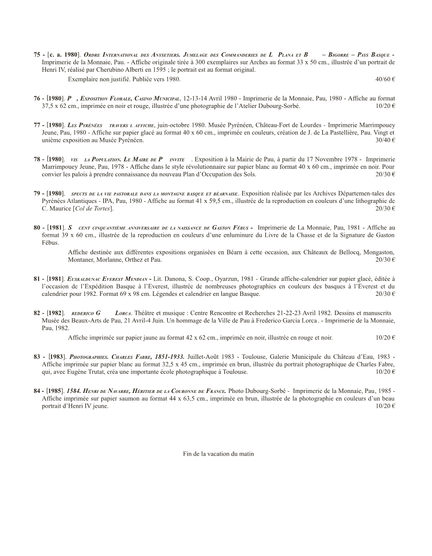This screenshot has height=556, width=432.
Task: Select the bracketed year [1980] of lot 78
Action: (56, 159)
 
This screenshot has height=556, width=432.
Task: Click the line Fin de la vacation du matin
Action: (218, 454)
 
